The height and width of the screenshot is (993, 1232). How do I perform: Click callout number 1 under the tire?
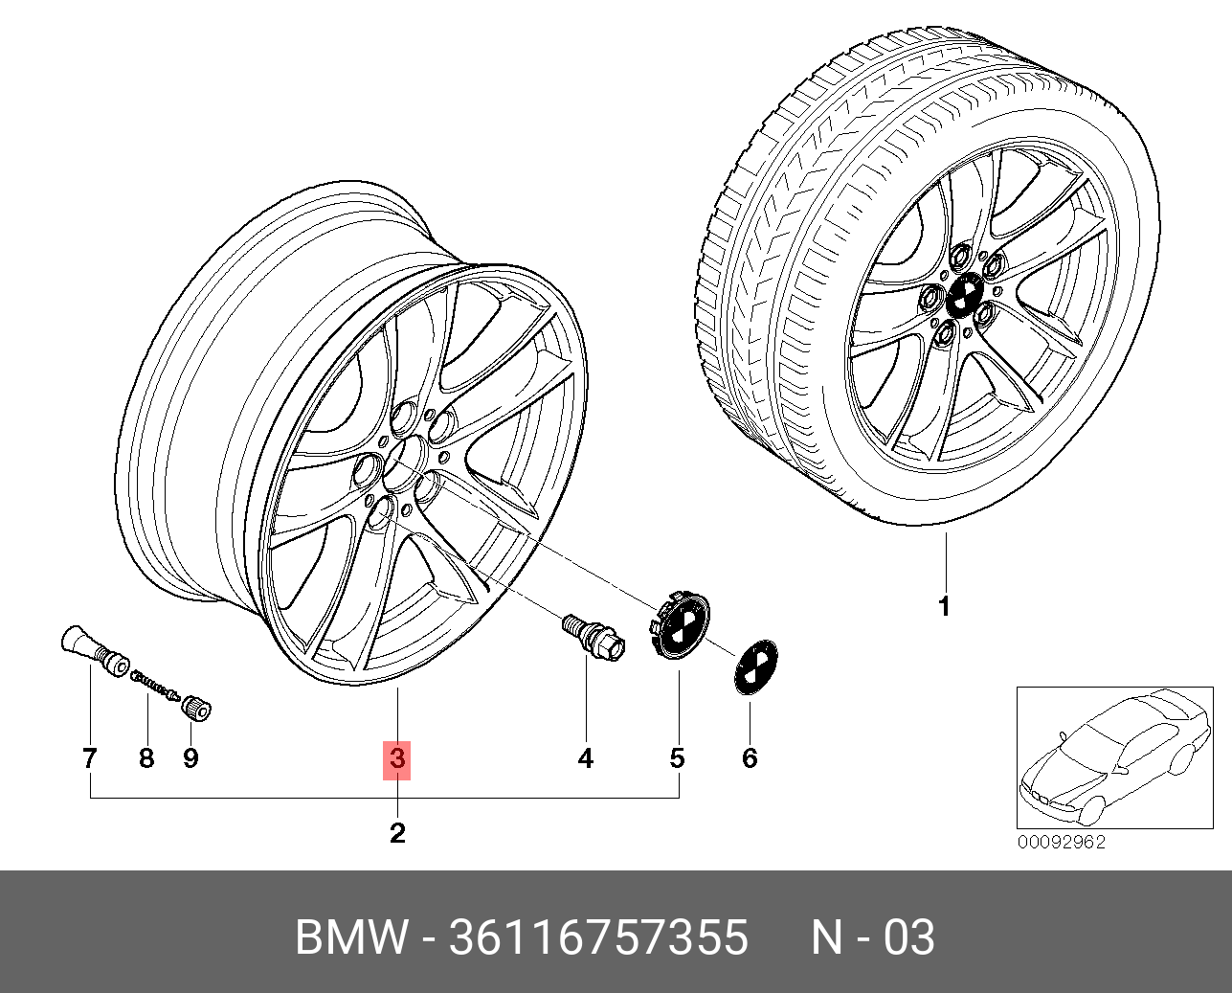coord(945,606)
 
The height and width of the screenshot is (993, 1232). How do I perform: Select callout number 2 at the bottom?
coord(397,833)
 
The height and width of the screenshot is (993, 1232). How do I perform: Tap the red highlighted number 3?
coord(396,758)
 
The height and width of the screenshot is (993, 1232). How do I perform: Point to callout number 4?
coord(585,758)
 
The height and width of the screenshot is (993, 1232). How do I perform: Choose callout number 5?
coord(677,758)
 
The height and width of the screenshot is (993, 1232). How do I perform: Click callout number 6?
coord(750,758)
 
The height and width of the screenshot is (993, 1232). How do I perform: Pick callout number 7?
coord(90,758)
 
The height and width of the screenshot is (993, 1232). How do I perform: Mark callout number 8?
coord(146,758)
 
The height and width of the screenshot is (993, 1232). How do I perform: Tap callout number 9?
coord(190,758)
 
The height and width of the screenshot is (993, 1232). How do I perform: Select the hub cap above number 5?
coord(679,626)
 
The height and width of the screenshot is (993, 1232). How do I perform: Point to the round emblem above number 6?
coord(755,667)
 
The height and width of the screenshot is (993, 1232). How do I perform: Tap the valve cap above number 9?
coord(196,709)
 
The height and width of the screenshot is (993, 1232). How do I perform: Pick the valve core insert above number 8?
coord(156,685)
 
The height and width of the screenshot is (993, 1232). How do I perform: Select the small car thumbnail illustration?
coord(1114,757)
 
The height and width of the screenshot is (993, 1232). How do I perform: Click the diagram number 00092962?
coord(1061,842)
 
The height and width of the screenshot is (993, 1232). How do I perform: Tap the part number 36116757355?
coord(598,937)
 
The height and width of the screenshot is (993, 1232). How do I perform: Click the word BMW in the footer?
coord(350,937)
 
